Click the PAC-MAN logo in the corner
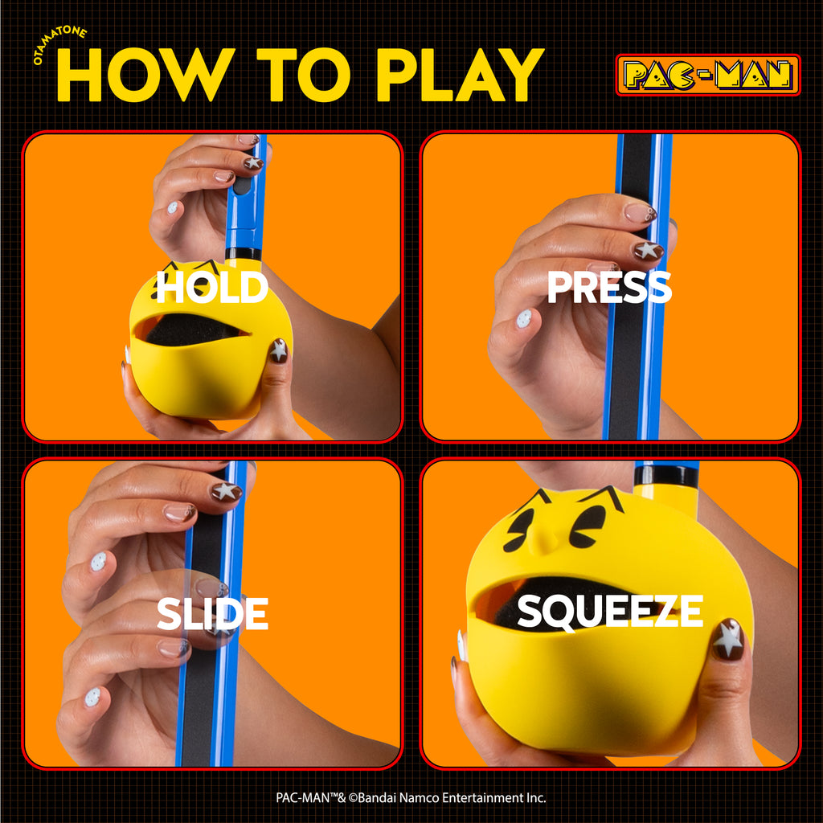707,75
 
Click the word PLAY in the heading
461,75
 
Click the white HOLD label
212,287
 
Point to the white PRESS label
609,287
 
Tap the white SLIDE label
212,613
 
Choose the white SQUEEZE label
610,611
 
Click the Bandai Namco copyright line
411,798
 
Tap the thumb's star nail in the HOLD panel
278,350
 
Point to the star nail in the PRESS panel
649,251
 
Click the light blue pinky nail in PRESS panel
524,318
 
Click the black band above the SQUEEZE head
666,475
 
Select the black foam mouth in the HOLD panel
189,330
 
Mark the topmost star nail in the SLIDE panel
226,492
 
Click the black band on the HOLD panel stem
243,254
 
